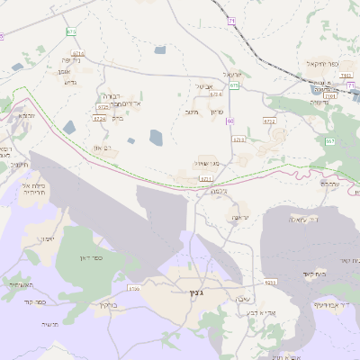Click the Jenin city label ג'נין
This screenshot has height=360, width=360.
click(x=195, y=292)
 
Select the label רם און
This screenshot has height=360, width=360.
click(x=102, y=148)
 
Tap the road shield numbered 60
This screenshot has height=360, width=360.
click(x=230, y=120)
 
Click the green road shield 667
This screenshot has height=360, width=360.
click(x=330, y=141)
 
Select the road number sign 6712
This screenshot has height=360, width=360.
click(x=269, y=120)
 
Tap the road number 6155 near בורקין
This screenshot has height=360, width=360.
click(x=134, y=289)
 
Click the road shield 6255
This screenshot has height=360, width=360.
click(x=271, y=282)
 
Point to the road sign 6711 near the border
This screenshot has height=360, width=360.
click(x=206, y=179)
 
